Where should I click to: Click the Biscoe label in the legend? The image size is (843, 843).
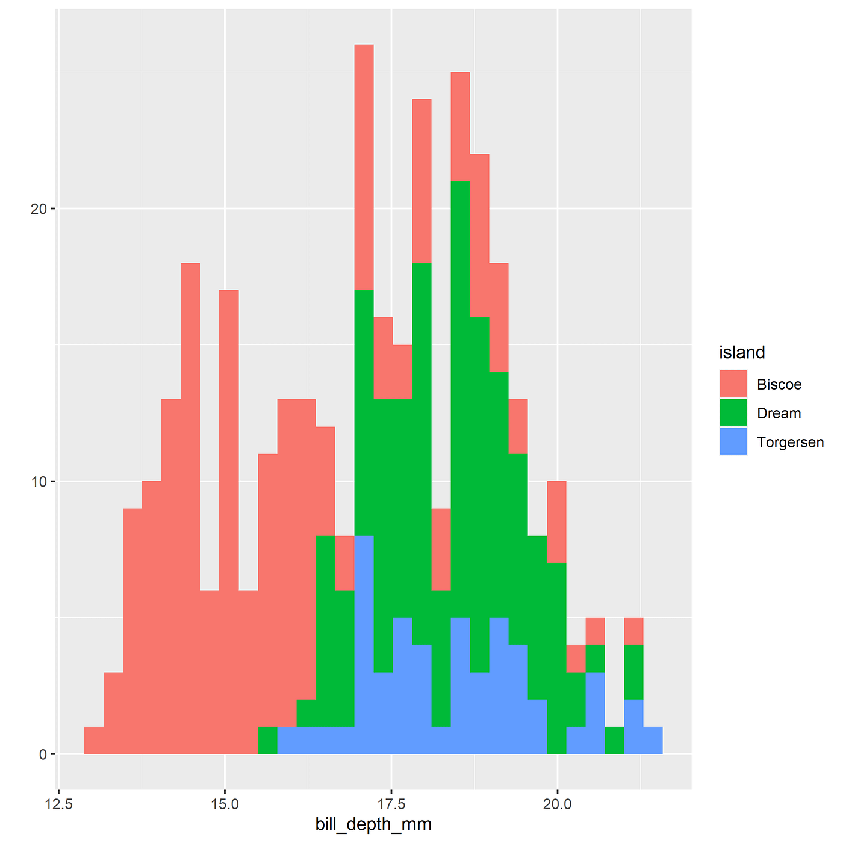click(779, 385)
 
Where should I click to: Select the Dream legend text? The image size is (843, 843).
click(779, 414)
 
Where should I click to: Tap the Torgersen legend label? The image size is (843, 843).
click(790, 443)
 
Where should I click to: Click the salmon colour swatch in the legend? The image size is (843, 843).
click(733, 384)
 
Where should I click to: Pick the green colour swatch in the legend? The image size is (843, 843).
click(733, 413)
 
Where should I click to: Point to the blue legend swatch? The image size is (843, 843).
click(733, 442)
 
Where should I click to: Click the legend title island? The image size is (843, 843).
click(742, 353)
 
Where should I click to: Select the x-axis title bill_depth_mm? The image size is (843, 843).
click(373, 824)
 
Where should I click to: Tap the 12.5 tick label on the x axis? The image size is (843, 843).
click(58, 804)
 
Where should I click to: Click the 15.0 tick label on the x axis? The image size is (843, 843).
click(225, 804)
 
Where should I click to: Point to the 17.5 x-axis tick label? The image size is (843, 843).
click(391, 804)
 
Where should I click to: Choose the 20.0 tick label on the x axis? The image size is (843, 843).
click(558, 804)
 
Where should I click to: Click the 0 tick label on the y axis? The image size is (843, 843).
click(43, 754)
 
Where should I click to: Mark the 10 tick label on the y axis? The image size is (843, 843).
click(39, 482)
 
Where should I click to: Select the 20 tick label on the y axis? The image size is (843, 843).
click(39, 209)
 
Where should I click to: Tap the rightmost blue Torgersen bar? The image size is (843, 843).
click(653, 741)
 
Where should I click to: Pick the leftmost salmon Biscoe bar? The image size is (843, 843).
click(94, 741)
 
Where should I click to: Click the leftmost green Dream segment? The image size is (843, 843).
click(267, 741)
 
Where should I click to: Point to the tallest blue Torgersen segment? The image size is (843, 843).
click(364, 644)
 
